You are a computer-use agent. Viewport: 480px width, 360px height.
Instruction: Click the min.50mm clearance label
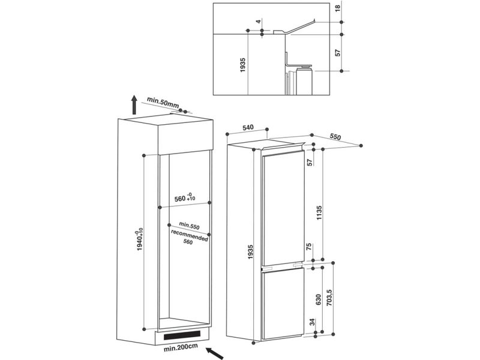pos(163,102)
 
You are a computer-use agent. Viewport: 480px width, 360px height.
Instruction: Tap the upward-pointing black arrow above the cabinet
pos(134,104)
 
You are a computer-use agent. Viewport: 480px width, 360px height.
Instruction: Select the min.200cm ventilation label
pos(181,348)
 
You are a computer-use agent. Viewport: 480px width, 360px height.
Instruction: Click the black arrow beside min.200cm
pos(214,353)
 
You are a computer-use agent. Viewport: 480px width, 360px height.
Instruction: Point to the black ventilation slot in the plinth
pos(182,335)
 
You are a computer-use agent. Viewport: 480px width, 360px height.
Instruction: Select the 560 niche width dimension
pos(185,198)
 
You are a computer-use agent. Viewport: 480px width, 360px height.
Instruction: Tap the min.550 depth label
pos(189,226)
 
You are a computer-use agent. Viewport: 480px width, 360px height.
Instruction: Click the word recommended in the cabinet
pos(189,235)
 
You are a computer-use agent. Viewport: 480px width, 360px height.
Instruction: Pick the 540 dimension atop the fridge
pos(248,127)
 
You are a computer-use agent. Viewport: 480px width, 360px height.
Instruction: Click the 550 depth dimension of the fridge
pos(335,137)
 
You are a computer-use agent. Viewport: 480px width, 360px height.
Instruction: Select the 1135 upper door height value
pos(319,213)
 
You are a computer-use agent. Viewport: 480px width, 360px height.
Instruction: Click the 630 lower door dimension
pos(318,299)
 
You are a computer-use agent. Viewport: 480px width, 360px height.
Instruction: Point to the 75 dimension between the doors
pos(309,247)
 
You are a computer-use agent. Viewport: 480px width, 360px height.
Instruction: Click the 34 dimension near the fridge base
pos(312,322)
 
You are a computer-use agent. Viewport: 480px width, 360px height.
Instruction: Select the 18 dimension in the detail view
pos(338,8)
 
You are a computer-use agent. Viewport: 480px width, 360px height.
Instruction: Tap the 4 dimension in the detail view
pos(259,22)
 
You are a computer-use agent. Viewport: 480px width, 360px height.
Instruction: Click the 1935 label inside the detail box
pos(243,65)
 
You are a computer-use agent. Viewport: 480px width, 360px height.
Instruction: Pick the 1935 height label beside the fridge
pos(251,252)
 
